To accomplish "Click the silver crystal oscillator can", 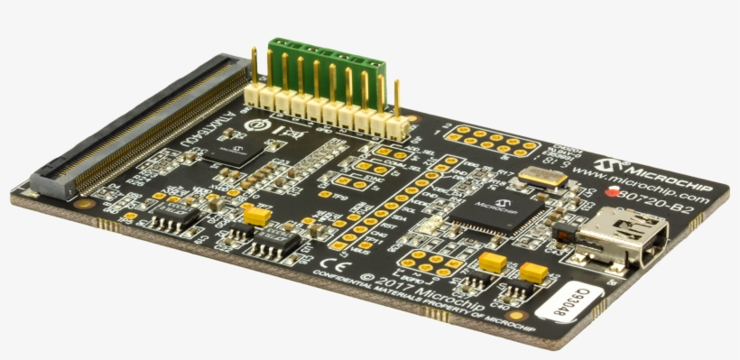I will point(542,178).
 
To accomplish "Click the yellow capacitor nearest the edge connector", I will point(257,216).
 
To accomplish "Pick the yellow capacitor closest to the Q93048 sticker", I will point(533,272).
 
